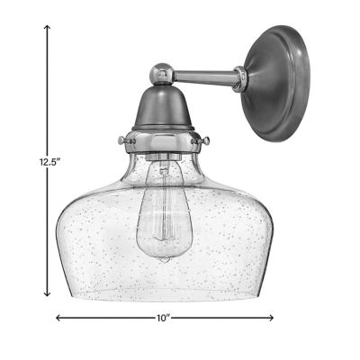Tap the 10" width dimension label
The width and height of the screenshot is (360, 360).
coord(164,318)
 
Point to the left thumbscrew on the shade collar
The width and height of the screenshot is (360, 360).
coord(121,141)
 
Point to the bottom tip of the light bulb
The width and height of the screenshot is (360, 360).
coord(161,257)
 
